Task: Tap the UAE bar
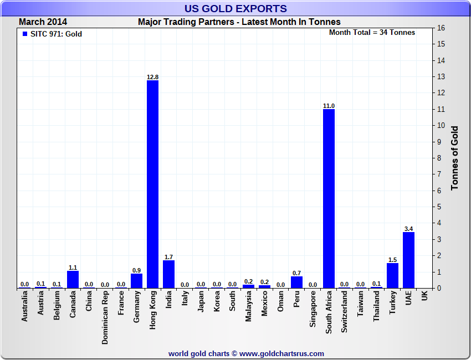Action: [408, 260]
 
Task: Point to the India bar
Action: [168, 274]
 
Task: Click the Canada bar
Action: [73, 279]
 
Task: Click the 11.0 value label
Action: [329, 106]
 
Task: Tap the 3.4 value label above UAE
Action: [408, 229]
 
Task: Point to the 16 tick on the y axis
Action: [441, 28]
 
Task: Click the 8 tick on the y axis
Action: [441, 158]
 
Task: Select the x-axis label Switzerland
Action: [345, 312]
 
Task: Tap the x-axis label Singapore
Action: [313, 311]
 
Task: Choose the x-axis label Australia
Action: [24, 310]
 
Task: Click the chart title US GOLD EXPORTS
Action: [235, 8]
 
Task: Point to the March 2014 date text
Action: [43, 22]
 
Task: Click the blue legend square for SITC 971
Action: [24, 34]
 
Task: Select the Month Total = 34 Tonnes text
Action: [372, 33]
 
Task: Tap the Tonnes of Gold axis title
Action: [454, 158]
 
